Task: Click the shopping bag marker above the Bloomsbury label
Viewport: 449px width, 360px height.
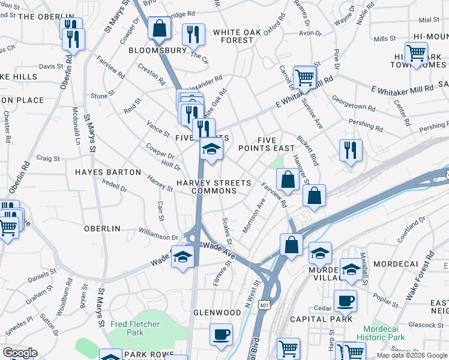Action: point(160,28)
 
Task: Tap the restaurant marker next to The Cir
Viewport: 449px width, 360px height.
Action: point(193,35)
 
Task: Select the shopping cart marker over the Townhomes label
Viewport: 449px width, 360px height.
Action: point(416,53)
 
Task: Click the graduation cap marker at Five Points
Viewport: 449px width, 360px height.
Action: point(211,149)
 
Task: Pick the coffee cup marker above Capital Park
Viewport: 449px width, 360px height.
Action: point(345,301)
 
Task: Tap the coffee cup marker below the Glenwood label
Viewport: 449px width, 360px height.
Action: point(221,334)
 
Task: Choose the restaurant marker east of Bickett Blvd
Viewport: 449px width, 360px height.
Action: point(351,151)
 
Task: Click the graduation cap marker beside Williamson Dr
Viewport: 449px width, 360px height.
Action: point(182,257)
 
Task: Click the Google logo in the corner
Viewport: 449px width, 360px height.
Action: point(20,353)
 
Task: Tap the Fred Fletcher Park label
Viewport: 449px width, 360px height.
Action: point(135,328)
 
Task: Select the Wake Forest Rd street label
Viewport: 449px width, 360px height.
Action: point(420,277)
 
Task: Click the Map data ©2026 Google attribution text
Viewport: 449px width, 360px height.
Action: point(411,355)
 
